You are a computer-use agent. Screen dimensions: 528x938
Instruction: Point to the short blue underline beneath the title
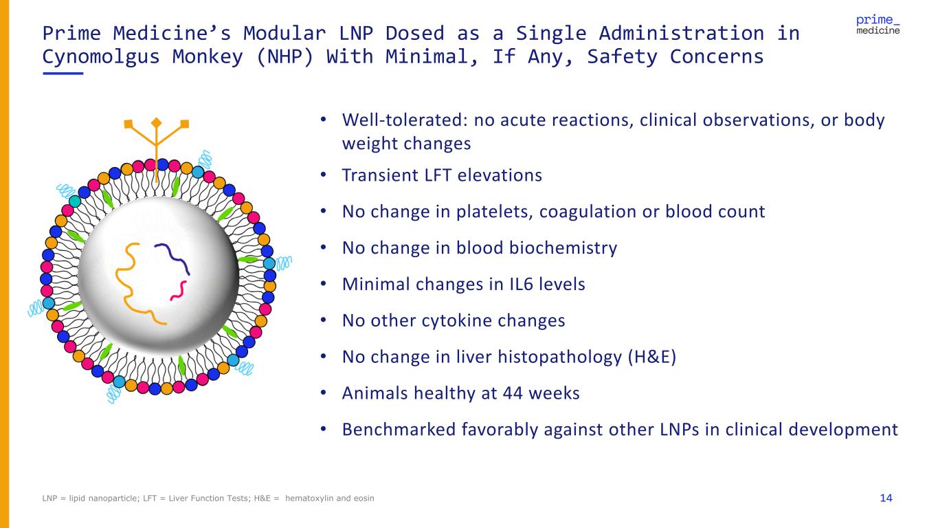click(x=63, y=74)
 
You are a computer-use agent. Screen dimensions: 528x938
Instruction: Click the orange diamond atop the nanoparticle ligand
click(x=156, y=122)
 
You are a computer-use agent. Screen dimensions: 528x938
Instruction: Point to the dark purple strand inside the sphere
click(x=175, y=258)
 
